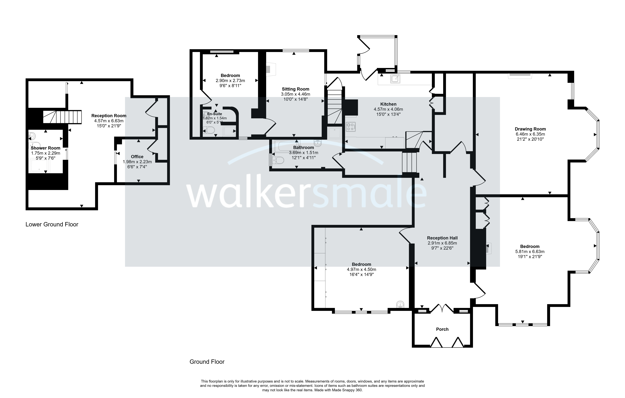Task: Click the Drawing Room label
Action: coord(530,129)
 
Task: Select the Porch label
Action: coord(442,329)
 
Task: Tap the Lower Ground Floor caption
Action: coord(52,224)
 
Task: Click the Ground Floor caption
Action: coord(207,362)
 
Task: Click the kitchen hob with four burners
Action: coord(351,127)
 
